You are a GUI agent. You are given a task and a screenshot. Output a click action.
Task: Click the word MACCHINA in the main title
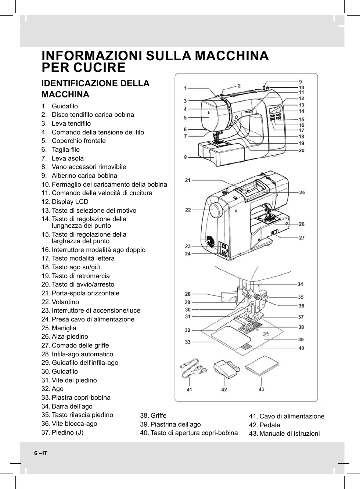[231, 56]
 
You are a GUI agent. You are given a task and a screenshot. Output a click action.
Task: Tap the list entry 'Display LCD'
[70, 202]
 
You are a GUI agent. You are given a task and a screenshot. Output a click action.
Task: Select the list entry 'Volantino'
[65, 302]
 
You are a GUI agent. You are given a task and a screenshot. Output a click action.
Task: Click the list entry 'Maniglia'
[64, 328]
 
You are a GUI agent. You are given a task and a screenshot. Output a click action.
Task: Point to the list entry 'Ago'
[57, 389]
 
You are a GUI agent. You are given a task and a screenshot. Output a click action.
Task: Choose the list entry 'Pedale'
[269, 425]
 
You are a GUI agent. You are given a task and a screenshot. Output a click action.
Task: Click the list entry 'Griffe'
[158, 416]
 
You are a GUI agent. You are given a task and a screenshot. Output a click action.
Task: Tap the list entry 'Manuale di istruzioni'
[289, 434]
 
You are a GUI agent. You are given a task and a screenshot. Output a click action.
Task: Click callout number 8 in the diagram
[186, 157]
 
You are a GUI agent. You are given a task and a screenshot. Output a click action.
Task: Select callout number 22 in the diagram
[188, 210]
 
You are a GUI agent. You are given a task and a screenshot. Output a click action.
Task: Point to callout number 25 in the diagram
[302, 193]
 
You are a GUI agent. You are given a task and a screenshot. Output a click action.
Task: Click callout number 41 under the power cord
[189, 389]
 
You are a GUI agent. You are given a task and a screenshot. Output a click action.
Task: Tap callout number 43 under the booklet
[261, 389]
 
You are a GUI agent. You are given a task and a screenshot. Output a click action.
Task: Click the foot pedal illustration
[224, 368]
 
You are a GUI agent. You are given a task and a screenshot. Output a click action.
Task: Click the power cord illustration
[193, 369]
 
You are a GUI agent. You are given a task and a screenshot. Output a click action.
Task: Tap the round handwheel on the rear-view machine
[216, 211]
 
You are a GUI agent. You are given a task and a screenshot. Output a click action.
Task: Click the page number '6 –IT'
[41, 453]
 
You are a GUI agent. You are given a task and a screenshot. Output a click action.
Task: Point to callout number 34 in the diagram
[300, 284]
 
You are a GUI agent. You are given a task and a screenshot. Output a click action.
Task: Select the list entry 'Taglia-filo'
[65, 150]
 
